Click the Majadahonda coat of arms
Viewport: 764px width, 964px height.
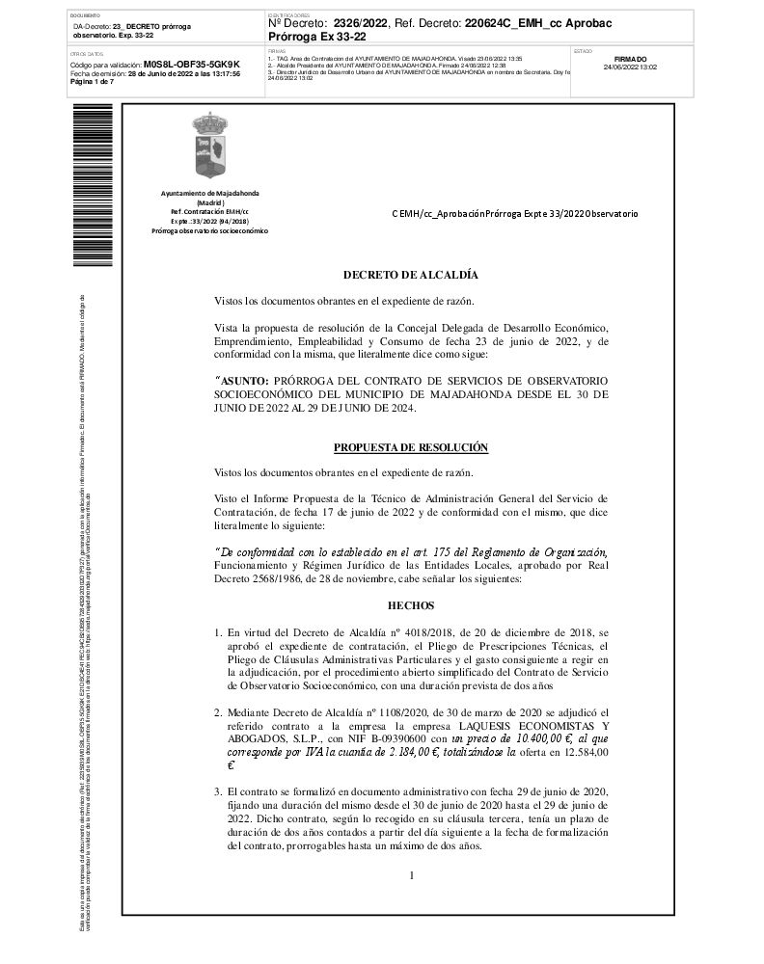pos(209,147)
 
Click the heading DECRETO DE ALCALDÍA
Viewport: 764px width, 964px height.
pos(410,275)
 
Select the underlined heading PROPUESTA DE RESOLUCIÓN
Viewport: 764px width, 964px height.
pos(410,447)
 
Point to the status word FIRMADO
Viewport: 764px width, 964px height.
pos(630,59)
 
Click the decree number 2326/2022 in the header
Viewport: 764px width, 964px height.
pos(361,22)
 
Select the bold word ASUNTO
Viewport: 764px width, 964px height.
pos(246,380)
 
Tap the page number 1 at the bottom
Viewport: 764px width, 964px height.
pos(411,875)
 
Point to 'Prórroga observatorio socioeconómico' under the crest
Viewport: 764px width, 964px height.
pos(209,231)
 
